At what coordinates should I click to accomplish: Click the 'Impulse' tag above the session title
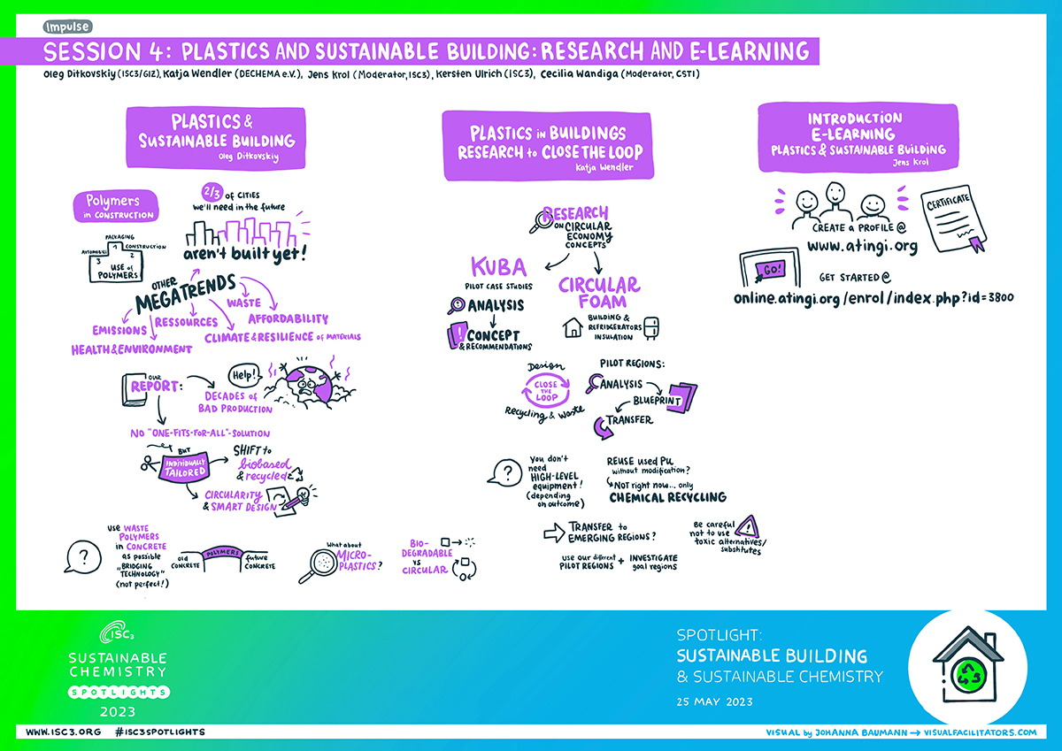coord(65,27)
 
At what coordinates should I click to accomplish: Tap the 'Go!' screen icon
coord(768,268)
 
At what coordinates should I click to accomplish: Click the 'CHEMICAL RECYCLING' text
coord(667,497)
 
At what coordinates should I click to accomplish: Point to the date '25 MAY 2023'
coord(714,702)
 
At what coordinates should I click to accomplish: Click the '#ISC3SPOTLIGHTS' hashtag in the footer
coord(160,732)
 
